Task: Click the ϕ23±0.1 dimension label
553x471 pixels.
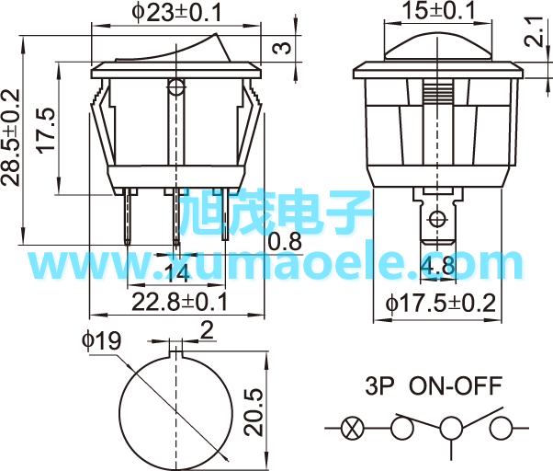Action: click(177, 12)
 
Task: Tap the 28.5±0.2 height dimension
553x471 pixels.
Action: click(11, 137)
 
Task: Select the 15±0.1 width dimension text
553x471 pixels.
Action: click(439, 10)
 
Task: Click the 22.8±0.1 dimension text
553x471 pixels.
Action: click(180, 303)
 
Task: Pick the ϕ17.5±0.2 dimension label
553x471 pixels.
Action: click(441, 304)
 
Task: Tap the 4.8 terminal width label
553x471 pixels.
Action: click(438, 266)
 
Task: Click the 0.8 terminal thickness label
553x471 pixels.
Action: click(285, 242)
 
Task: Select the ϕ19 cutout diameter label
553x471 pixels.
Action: click(102, 340)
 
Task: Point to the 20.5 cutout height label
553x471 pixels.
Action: click(254, 412)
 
